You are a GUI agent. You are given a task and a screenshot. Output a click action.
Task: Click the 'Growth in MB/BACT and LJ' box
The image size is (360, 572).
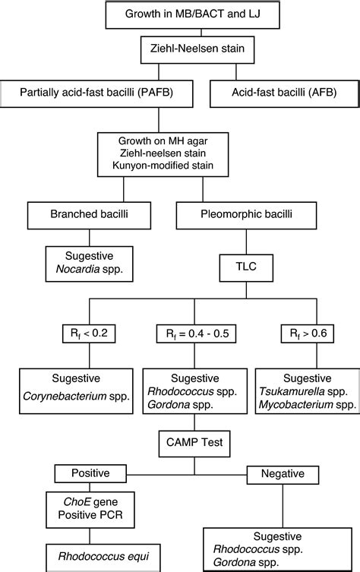point(180,13)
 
